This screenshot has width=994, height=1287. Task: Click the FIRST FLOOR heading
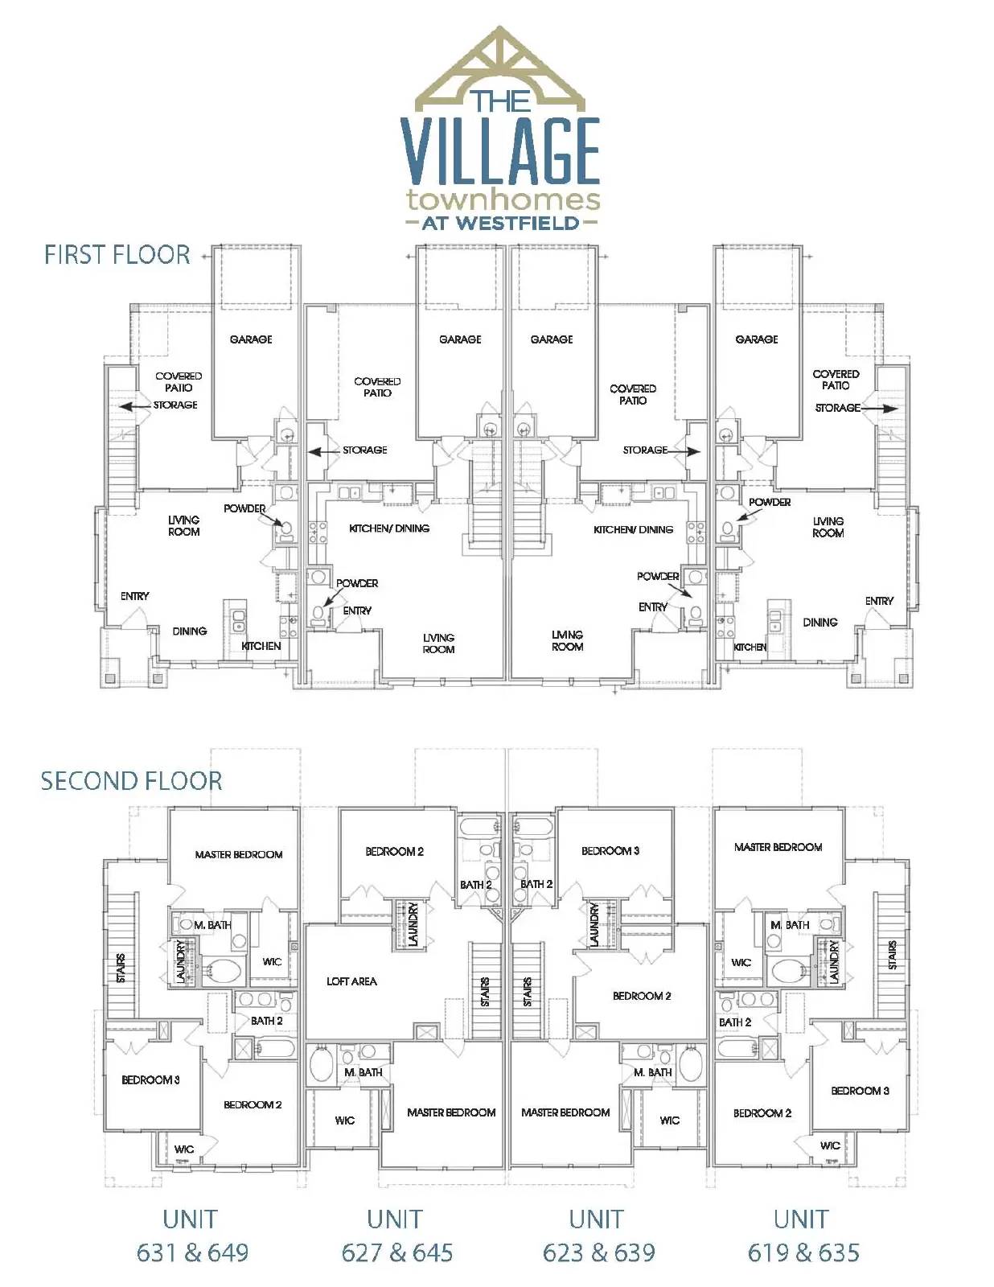pos(117,255)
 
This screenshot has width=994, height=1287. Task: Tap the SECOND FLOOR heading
pos(131,781)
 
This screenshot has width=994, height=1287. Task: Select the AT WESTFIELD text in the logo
pos(500,224)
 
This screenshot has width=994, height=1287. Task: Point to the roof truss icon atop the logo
pos(500,68)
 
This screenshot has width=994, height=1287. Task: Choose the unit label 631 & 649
pos(192,1252)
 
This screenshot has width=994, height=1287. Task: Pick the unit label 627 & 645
pos(397,1252)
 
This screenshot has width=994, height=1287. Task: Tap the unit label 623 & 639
pos(599,1252)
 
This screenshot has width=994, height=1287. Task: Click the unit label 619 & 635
pos(803,1252)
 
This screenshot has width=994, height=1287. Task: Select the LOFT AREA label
pos(351,981)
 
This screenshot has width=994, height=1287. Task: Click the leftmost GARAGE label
pos(251,339)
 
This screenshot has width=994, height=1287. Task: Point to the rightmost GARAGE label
pos(757,339)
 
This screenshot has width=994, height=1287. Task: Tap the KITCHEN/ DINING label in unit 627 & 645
pos(389,528)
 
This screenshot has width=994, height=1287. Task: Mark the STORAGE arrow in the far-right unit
pos(880,409)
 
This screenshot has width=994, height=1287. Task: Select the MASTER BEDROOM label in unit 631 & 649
pos(239,854)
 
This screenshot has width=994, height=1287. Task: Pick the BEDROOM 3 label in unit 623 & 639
pos(610,851)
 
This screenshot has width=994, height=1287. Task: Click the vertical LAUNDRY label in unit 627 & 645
pos(413,924)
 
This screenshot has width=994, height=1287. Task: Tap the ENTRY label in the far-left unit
pos(134,596)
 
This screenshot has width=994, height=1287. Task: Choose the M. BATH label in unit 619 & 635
pos(790,925)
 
